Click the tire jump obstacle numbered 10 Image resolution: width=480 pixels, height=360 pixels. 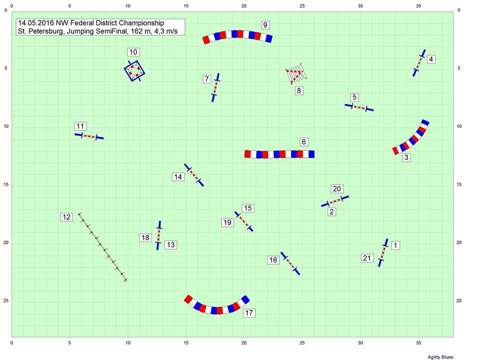(134, 71)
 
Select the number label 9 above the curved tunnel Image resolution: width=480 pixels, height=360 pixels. (265, 25)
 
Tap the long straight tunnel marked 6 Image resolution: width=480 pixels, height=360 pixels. (279, 154)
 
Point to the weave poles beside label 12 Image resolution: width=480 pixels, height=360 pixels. (102, 246)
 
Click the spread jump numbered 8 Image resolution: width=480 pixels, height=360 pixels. (296, 73)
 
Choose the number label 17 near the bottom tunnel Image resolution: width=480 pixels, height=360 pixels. (249, 313)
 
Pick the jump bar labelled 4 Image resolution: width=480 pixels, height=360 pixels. (419, 63)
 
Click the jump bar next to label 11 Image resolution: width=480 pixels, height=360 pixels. (89, 136)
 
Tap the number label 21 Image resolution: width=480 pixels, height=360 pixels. (366, 258)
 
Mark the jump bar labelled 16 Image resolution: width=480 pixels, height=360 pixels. (290, 263)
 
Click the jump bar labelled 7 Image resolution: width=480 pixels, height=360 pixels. (215, 87)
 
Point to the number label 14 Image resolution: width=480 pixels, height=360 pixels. (178, 176)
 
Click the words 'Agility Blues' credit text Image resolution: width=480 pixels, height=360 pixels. (440, 357)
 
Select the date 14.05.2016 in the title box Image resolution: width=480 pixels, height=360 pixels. (36, 23)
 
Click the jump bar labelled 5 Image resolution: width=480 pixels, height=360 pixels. (359, 107)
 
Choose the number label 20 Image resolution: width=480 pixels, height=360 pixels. (336, 188)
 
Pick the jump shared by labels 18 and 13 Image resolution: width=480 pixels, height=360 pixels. (158, 235)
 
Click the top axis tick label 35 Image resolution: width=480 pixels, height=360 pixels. (418, 6)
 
